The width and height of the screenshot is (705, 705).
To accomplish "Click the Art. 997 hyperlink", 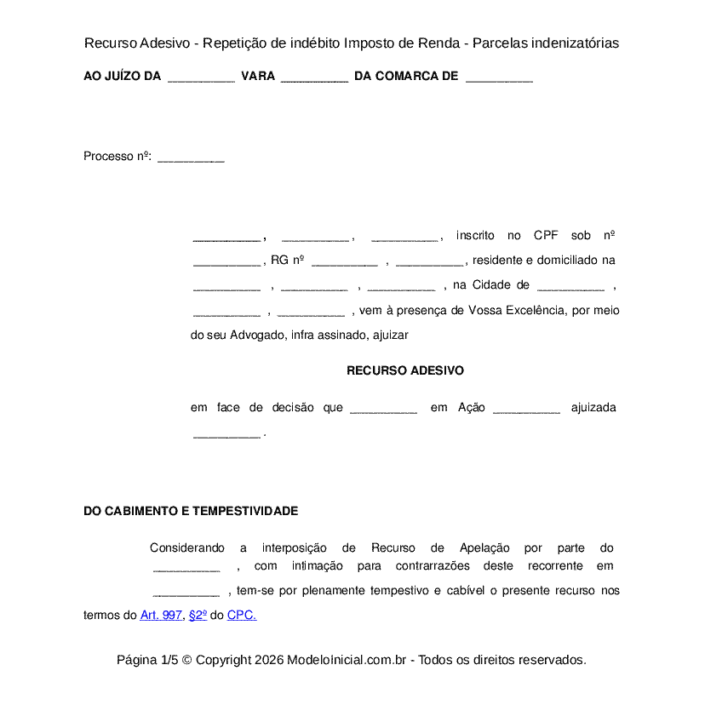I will coord(161,615).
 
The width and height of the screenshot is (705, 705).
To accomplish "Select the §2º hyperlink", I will coord(198,615).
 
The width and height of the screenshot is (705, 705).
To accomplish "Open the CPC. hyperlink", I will coord(242,615).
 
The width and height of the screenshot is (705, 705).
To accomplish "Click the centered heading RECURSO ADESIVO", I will coord(405,371).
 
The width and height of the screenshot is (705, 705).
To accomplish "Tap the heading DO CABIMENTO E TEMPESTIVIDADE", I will coord(191,511).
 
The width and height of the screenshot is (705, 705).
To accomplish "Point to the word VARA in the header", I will coord(258,77).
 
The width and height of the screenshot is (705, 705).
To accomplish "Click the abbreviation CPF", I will coord(546,236).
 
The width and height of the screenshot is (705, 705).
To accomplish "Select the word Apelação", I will coord(484,548).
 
